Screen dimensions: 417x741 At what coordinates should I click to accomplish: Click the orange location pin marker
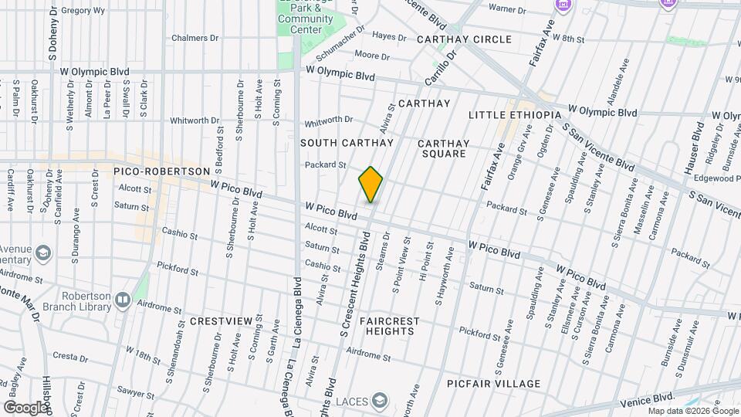371,184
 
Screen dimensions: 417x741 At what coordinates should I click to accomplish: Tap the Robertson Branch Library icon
122,299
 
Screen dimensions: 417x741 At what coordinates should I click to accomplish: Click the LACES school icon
379,400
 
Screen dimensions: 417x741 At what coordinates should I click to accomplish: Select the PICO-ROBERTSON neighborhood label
161,171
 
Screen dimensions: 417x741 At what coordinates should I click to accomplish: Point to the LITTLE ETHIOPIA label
515,115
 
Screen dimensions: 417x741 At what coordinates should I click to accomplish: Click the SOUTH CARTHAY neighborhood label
347,143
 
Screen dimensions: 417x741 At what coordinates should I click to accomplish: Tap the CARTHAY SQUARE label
443,148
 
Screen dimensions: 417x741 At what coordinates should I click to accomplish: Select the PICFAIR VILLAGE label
494,384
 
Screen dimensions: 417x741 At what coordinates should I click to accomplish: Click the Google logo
25,407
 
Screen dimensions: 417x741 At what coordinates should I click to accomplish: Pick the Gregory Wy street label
83,11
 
